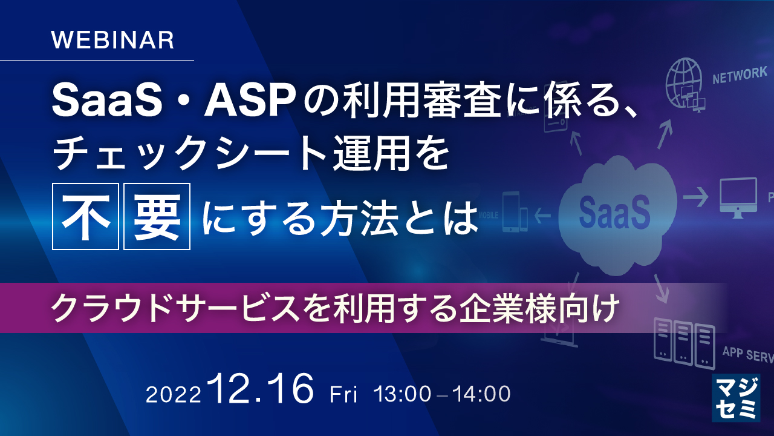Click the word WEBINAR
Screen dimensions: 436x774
112,40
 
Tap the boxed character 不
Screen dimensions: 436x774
86,217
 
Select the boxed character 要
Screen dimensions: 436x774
157,217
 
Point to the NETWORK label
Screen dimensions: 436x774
740,76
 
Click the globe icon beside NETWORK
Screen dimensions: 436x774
685,84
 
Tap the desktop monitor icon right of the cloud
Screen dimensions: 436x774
738,196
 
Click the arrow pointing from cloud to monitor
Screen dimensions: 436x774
695,197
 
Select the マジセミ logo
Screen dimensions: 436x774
735,397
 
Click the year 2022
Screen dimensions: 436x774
173,395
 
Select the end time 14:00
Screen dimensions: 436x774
482,394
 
